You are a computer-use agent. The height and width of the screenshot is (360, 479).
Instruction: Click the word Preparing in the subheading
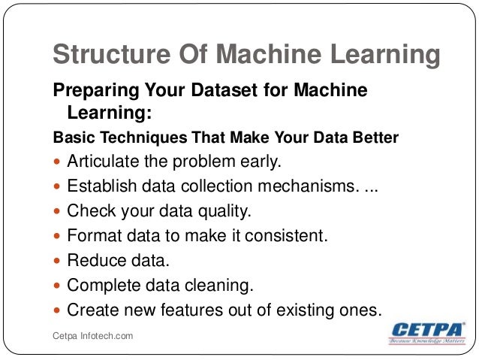tap(88, 91)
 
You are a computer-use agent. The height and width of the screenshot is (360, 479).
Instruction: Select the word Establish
tap(101, 186)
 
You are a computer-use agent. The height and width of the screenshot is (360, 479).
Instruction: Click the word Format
tap(92, 235)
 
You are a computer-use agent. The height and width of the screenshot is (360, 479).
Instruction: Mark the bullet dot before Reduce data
tap(59, 261)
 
